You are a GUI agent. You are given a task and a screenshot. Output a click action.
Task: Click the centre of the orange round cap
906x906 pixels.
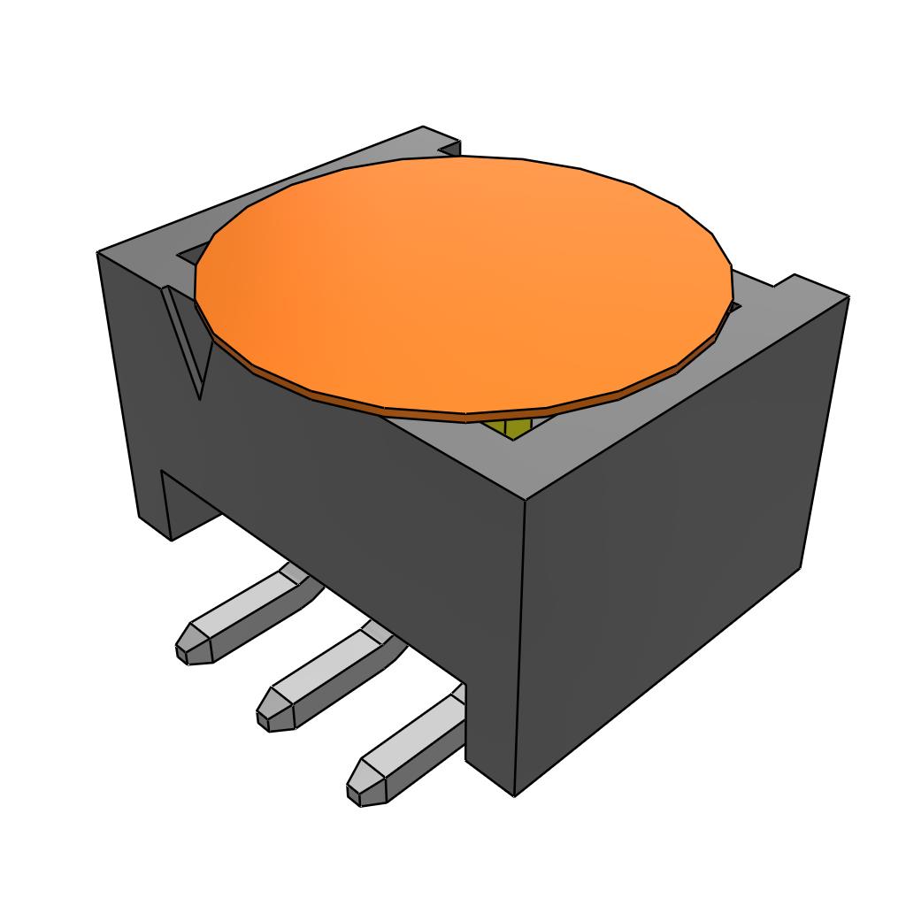pyautogui.click(x=464, y=281)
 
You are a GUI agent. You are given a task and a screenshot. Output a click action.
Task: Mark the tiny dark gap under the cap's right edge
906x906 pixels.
pyautogui.click(x=731, y=307)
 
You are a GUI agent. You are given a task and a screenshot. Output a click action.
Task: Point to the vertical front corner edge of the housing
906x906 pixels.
pyautogui.click(x=522, y=646)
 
